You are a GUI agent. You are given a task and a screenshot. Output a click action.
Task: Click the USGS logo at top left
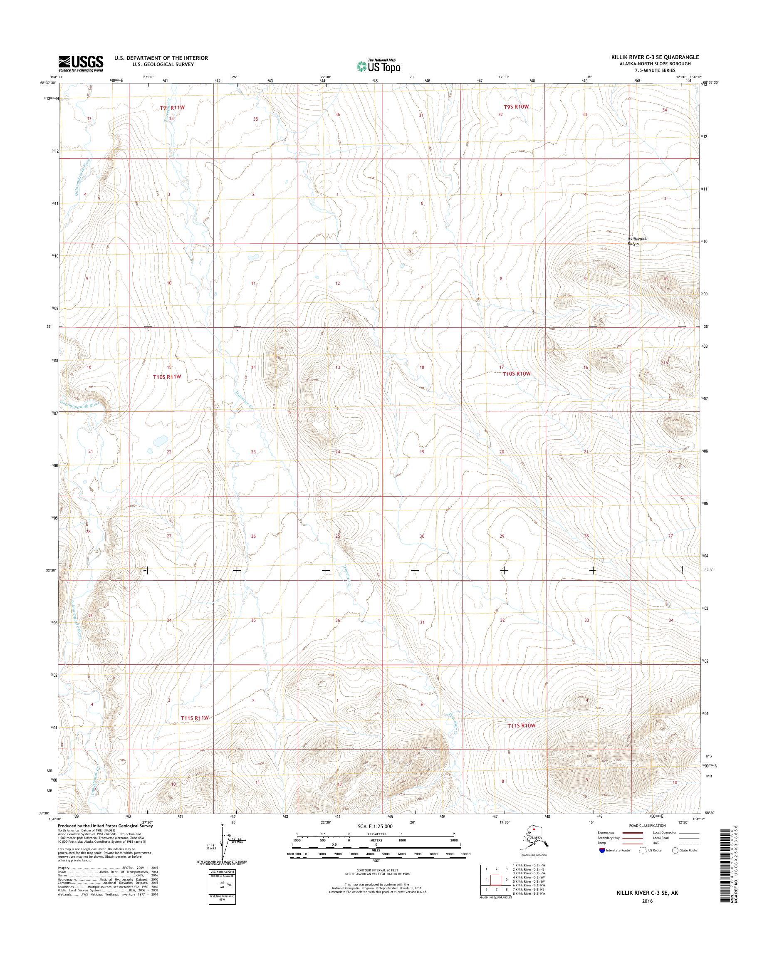point(81,64)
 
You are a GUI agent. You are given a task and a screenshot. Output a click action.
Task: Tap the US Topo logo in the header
point(378,66)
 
